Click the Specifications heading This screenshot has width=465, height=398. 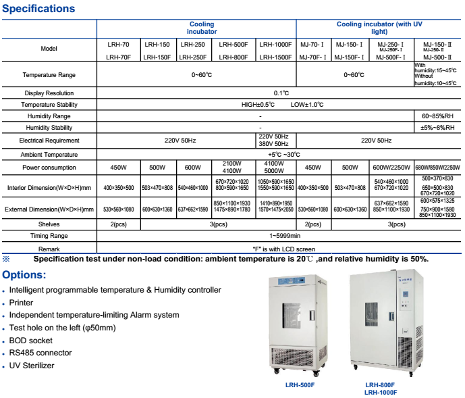[x=38, y=9]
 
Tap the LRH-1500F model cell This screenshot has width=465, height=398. [x=275, y=57]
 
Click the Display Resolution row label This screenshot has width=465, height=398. [x=49, y=93]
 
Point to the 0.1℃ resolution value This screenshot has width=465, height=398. [x=281, y=93]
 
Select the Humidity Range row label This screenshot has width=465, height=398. [x=49, y=116]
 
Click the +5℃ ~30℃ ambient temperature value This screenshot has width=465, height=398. [x=281, y=155]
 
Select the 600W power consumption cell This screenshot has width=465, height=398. [x=193, y=168]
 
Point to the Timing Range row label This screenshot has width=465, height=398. [x=49, y=236]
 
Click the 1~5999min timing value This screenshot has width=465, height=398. [x=281, y=236]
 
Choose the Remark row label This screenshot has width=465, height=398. [x=49, y=247]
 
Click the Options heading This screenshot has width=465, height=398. [x=24, y=275]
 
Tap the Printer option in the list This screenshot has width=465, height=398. [x=21, y=303]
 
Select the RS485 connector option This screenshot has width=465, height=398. [x=41, y=353]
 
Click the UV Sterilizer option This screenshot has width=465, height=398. [x=32, y=366]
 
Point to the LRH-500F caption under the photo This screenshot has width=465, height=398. [x=300, y=384]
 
